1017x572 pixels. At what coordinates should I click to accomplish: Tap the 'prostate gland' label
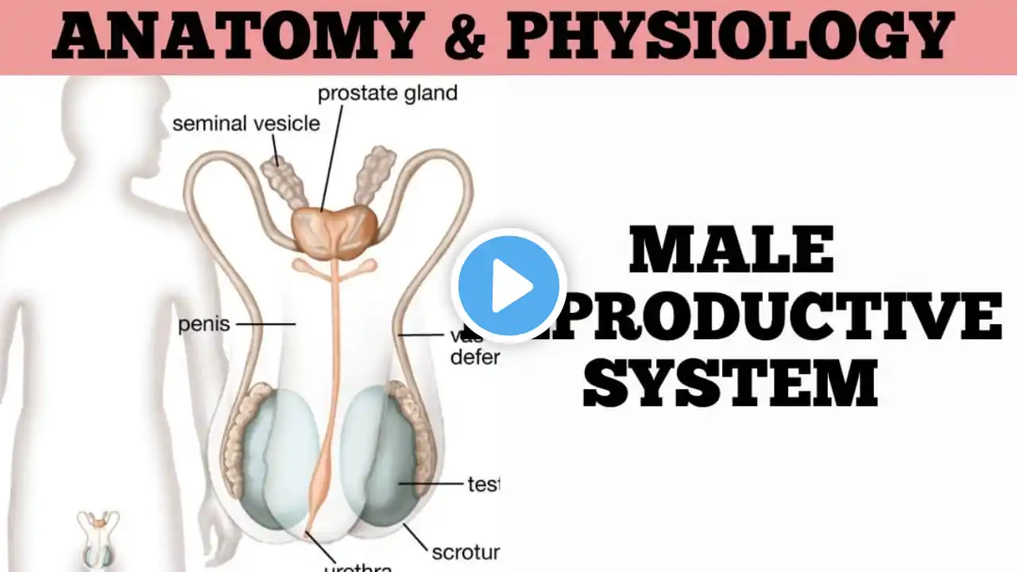pos(387,93)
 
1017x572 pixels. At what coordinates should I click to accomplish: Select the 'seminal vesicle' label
pos(246,123)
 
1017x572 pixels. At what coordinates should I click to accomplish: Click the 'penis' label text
pos(203,324)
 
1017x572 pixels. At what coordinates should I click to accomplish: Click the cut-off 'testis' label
pos(482,483)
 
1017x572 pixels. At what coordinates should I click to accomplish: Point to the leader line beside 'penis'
pos(266,324)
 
